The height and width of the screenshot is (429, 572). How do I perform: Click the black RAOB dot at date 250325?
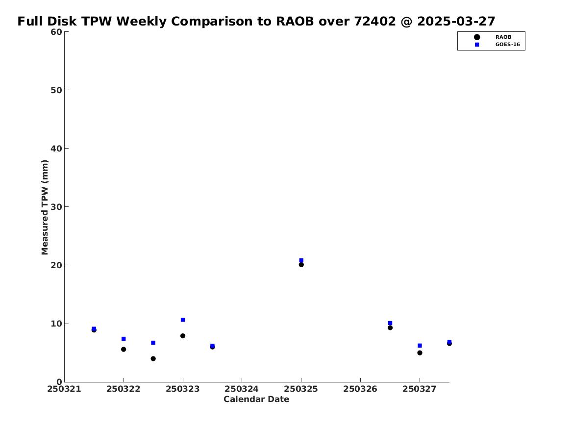click(301, 265)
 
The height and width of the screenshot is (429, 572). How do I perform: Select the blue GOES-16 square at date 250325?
click(301, 260)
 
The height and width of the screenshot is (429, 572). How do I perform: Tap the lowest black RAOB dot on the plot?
click(153, 358)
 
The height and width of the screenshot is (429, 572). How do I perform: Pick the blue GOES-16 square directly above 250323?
click(183, 320)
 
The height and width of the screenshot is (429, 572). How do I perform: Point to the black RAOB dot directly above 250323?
click(183, 336)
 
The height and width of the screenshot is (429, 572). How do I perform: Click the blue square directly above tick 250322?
click(124, 339)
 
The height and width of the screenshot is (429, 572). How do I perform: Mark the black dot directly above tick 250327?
click(420, 353)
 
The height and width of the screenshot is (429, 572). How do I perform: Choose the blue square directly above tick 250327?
click(420, 346)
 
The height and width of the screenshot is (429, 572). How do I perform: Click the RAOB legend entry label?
click(503, 37)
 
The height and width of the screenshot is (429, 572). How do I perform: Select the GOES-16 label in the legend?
click(507, 45)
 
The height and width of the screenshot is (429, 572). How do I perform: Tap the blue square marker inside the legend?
click(477, 45)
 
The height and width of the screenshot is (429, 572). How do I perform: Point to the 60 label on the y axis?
click(56, 32)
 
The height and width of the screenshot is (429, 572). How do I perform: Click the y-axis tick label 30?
click(56, 207)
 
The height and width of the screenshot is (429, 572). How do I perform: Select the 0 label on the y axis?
click(59, 382)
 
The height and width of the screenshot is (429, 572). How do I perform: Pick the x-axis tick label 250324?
click(242, 389)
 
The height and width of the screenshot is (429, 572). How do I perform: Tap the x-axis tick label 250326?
click(360, 389)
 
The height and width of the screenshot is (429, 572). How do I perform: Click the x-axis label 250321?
click(64, 389)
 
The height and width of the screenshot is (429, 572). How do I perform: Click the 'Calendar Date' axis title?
click(256, 400)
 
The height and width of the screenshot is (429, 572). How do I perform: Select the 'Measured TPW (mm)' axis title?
click(45, 207)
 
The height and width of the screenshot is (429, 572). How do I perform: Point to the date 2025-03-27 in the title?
click(456, 22)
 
